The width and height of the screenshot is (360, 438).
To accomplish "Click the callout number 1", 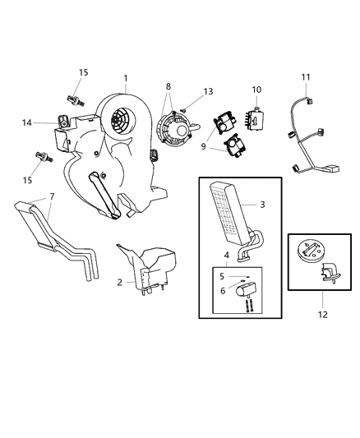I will pos(126,79).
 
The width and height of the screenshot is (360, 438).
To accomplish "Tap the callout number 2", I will pos(120,282).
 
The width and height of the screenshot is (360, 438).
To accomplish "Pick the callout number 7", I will pos(53,197).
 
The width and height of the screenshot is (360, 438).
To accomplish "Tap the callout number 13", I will pos(209,91).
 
